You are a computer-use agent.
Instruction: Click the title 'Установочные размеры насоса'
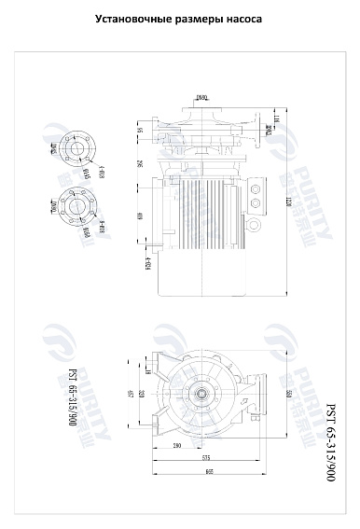[x=179, y=19]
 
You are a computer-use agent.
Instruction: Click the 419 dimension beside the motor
[x=140, y=218]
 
